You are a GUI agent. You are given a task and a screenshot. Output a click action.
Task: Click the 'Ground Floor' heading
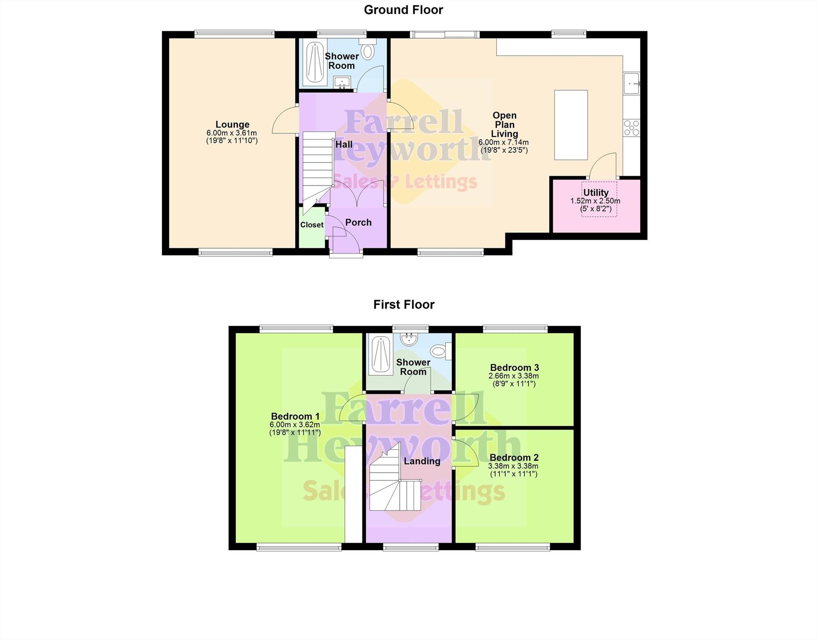(404, 10)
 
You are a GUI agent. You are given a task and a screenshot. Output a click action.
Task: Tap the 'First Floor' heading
(404, 304)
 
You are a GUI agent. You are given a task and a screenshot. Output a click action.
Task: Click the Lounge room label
(232, 124)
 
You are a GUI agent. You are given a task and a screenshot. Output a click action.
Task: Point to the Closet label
(311, 225)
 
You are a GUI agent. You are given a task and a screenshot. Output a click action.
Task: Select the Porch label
(359, 222)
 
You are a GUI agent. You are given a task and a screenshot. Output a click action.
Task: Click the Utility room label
(595, 193)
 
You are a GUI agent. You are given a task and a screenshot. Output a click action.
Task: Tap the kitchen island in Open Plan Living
(571, 125)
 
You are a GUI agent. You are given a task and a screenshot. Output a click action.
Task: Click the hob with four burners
(632, 128)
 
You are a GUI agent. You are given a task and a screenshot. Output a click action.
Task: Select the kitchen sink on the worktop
(632, 83)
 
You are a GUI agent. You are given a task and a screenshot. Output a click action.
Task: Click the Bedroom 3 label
(514, 367)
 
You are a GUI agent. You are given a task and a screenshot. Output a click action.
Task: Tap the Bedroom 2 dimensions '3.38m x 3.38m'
(513, 466)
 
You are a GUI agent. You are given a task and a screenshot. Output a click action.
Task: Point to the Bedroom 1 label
(295, 416)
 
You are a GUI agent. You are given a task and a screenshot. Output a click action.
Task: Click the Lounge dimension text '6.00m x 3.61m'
(232, 133)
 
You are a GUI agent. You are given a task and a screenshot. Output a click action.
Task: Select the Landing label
(422, 461)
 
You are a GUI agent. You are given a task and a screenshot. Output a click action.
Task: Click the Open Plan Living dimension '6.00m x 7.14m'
(504, 142)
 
